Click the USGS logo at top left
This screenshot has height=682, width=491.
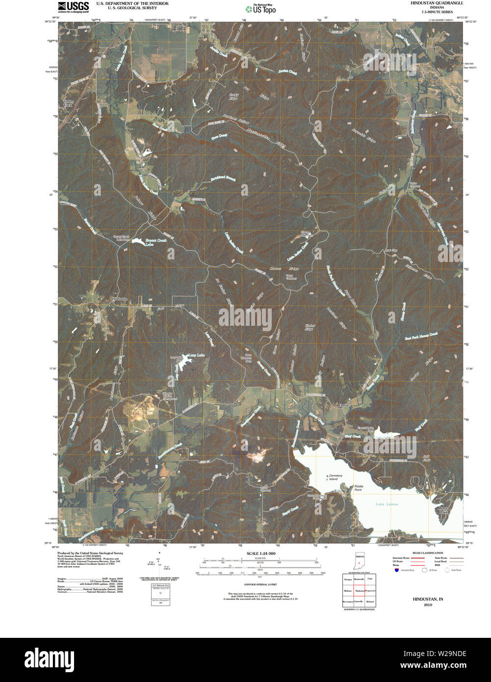coord(73,6)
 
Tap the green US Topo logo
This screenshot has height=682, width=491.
coord(260,8)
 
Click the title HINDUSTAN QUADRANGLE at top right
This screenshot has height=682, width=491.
coord(429,3)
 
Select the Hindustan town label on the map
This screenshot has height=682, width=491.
coord(119,299)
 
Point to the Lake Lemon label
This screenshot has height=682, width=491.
coord(387,504)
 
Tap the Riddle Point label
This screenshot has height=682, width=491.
coord(358,488)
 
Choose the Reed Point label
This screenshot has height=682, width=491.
coord(443,510)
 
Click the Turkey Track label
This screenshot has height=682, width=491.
coord(68,104)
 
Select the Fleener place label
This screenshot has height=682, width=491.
coord(343,406)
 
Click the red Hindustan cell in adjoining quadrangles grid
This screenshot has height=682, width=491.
coord(360,591)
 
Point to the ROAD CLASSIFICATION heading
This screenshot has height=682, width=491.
coord(428,553)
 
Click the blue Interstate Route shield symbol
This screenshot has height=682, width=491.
coord(395,570)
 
